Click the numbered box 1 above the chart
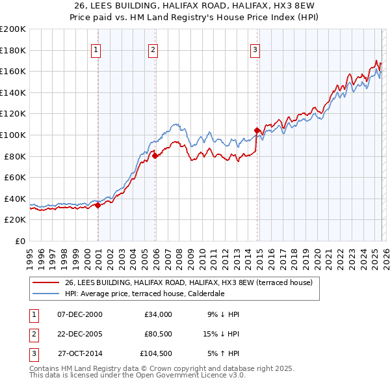coord(96,49)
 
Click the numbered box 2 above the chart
coord(153,49)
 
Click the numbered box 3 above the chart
coord(255,49)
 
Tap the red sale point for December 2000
coord(97,205)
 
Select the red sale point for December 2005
coord(155,156)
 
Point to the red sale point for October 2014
coord(257,130)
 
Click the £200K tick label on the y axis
coord(13,29)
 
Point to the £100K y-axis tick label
coord(13,135)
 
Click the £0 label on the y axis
coord(19,241)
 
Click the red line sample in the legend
coord(46,282)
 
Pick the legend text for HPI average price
coord(144,294)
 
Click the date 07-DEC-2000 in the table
coord(80,314)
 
